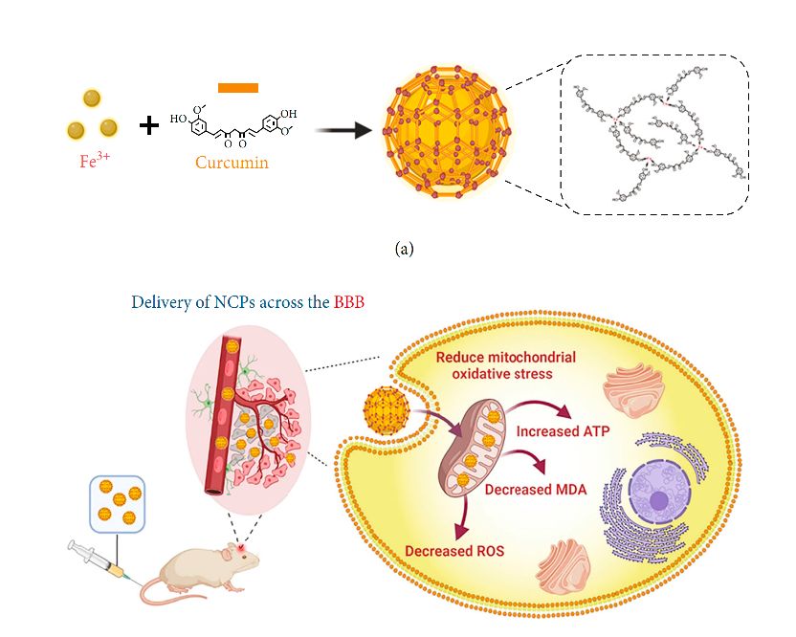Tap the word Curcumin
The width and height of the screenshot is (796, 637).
[x=232, y=162]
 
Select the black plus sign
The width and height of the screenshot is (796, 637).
[x=148, y=124]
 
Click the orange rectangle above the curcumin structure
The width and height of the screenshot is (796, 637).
[x=238, y=88]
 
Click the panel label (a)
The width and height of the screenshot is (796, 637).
[x=404, y=249]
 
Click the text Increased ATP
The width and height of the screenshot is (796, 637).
[x=563, y=431]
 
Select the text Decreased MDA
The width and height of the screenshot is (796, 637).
[x=535, y=490]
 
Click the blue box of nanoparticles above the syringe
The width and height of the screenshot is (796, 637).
[x=116, y=503]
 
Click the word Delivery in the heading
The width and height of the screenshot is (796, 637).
[x=158, y=302]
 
